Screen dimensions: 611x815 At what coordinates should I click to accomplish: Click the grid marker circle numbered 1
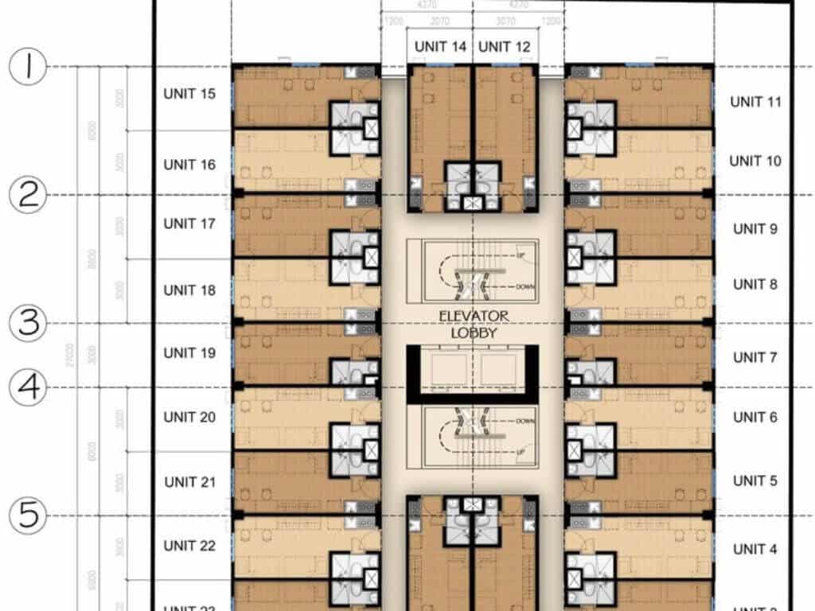(x=29, y=68)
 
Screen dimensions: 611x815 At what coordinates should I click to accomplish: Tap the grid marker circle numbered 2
(x=29, y=195)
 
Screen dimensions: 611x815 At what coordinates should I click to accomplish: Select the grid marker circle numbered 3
(x=29, y=324)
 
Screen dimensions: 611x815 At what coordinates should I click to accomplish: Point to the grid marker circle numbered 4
(x=29, y=388)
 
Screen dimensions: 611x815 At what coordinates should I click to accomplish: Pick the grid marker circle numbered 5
(x=29, y=516)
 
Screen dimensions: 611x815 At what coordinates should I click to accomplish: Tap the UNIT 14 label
(x=440, y=47)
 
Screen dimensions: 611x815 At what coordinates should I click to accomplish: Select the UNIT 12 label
(x=505, y=47)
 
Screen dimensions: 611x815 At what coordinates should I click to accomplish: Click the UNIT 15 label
(x=189, y=94)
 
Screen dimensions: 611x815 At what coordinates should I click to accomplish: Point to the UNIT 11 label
(x=757, y=102)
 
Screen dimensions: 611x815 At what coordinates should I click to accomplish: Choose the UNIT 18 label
(x=189, y=290)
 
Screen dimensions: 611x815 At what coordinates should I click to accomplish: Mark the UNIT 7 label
(x=755, y=357)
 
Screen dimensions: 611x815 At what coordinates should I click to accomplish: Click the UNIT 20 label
(x=189, y=417)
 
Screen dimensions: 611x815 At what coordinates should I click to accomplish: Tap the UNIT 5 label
(x=755, y=481)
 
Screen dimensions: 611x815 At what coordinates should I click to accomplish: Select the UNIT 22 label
(x=189, y=546)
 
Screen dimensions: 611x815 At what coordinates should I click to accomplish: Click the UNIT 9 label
(x=755, y=229)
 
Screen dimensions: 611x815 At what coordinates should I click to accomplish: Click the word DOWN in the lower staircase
(x=524, y=420)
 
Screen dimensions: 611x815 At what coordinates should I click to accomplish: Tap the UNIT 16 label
(x=189, y=165)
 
